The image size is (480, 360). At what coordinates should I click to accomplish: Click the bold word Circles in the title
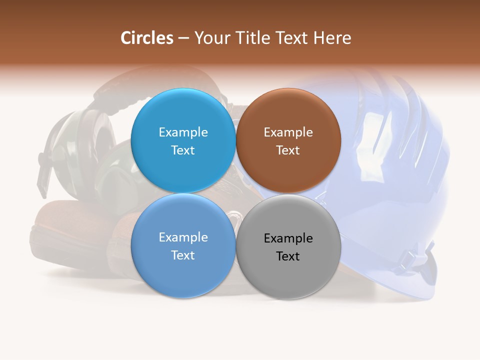pyautogui.click(x=146, y=38)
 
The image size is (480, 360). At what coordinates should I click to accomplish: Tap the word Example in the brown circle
pyautogui.click(x=288, y=132)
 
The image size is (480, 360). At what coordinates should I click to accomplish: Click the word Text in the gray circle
pyautogui.click(x=288, y=256)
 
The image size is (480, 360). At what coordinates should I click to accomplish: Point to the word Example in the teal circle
pyautogui.click(x=183, y=132)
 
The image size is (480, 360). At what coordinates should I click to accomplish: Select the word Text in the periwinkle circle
pyautogui.click(x=183, y=255)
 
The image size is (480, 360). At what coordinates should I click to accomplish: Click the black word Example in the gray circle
pyautogui.click(x=288, y=238)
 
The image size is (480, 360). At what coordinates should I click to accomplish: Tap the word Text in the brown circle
pyautogui.click(x=288, y=150)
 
